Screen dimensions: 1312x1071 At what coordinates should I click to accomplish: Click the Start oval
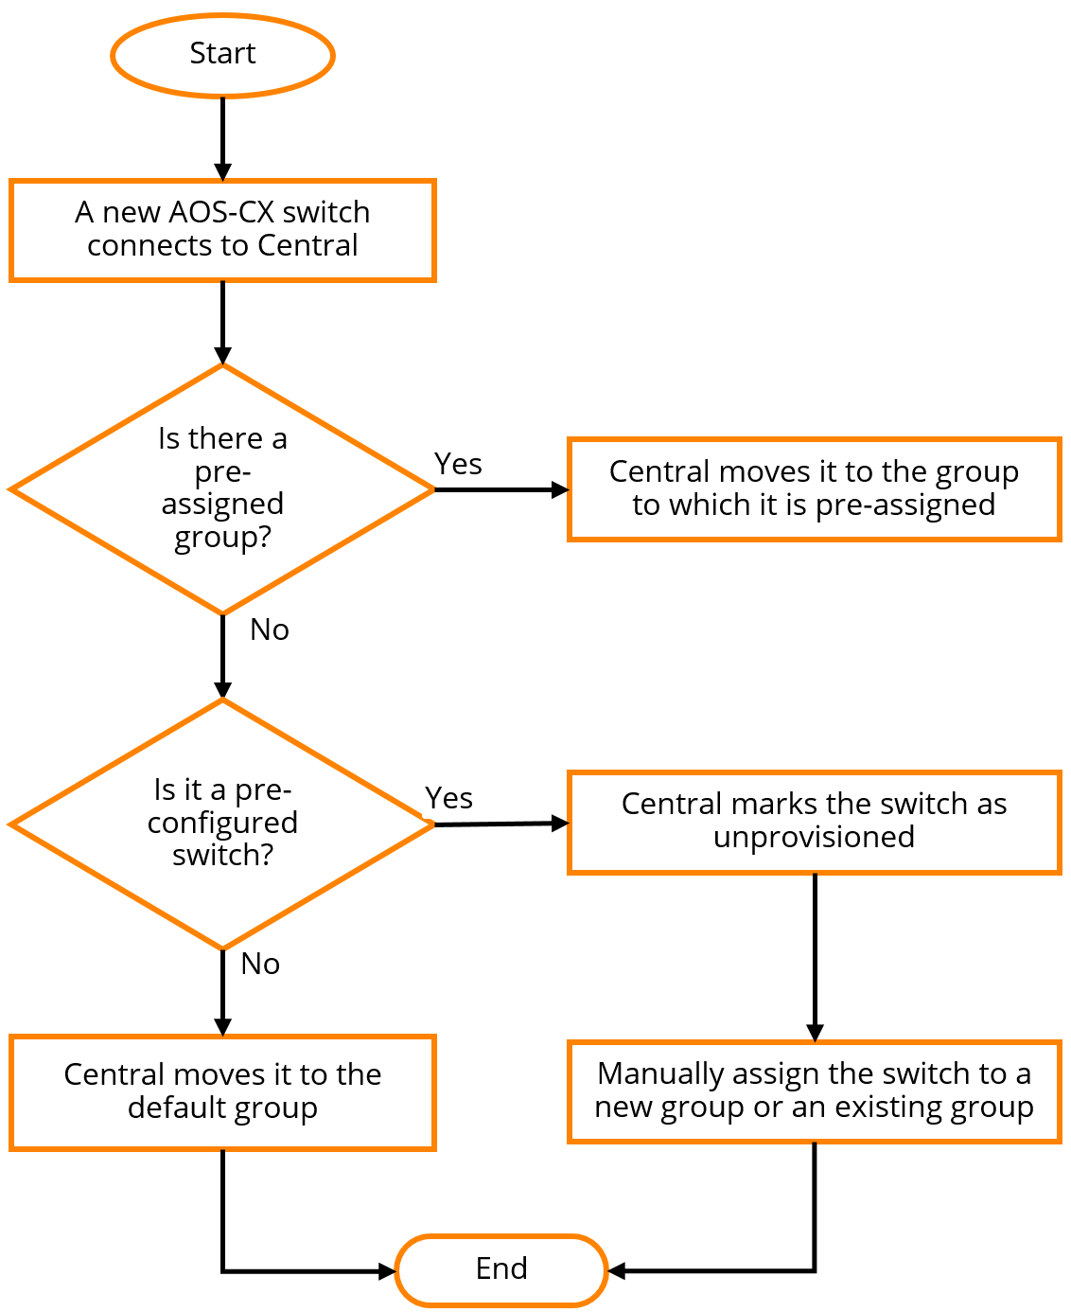[x=222, y=55]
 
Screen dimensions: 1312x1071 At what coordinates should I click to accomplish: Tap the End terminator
[x=500, y=1269]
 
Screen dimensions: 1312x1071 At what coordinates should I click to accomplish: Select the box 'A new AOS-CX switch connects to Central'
[x=222, y=230]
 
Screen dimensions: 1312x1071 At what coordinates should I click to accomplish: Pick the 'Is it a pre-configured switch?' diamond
[x=222, y=824]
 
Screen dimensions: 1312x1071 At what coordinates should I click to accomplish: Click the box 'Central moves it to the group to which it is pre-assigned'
[x=814, y=489]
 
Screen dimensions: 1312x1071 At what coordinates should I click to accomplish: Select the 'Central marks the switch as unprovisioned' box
[x=814, y=822]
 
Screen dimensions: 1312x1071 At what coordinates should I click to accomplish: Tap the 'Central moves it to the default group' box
[x=222, y=1092]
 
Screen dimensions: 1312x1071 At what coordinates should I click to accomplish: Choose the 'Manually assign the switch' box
[x=814, y=1091]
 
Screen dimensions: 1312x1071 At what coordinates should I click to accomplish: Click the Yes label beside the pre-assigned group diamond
[x=458, y=464]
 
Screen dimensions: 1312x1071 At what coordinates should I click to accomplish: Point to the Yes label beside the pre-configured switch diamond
[x=448, y=798]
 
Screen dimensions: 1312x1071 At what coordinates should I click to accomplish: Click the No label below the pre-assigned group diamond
[x=270, y=629]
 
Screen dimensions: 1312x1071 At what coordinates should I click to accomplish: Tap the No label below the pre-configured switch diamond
[x=260, y=964]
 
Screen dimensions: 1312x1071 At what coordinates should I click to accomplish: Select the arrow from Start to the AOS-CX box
[x=222, y=137]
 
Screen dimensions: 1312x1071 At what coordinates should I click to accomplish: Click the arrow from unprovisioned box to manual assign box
[x=815, y=956]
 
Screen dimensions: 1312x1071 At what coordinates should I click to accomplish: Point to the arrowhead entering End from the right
[x=616, y=1270]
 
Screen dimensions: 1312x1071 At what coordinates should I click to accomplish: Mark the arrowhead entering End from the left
[x=386, y=1271]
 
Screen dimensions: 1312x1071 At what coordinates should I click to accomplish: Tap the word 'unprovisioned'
[x=814, y=838]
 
